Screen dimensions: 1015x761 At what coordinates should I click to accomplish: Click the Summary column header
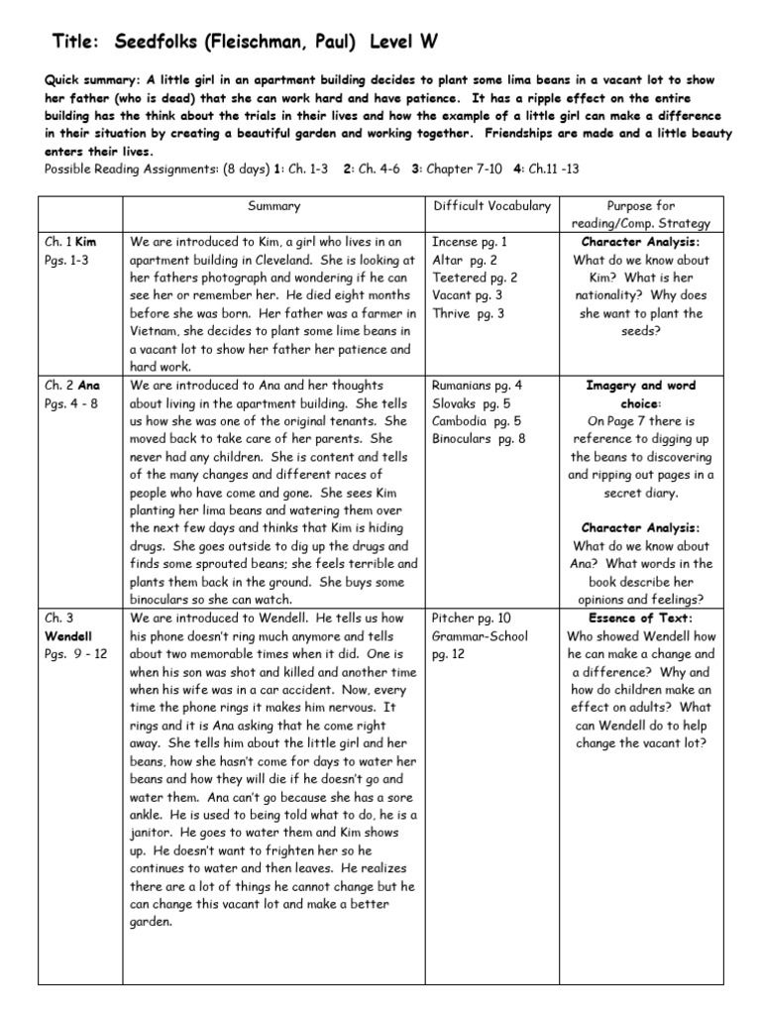274,206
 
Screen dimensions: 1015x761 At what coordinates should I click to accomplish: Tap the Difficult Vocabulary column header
491,206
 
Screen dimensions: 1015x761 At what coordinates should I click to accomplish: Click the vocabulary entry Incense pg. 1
471,242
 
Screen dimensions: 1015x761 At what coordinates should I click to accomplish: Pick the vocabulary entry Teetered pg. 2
475,278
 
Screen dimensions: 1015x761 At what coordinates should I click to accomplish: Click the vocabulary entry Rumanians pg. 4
478,386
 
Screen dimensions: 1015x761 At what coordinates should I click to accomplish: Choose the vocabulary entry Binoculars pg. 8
479,439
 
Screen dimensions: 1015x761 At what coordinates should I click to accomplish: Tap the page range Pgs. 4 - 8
76,403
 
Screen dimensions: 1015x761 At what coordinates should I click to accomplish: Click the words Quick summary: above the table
92,80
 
